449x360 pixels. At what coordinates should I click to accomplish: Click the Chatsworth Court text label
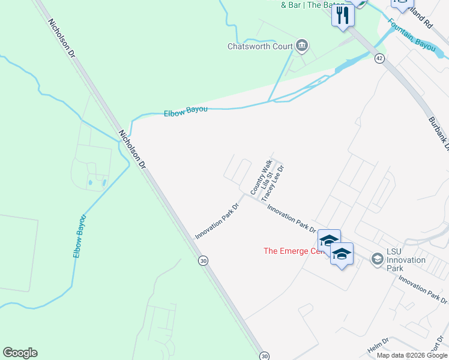(x=259, y=46)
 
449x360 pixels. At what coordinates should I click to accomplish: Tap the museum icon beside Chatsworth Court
(x=302, y=46)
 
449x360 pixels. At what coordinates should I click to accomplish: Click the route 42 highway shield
(x=379, y=58)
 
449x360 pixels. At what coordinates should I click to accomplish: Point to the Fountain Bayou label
(x=411, y=35)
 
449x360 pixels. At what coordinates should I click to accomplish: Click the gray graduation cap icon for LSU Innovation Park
(x=378, y=259)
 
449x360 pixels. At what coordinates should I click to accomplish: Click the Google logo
(x=20, y=353)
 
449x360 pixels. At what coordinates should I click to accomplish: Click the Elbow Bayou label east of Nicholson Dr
(x=185, y=110)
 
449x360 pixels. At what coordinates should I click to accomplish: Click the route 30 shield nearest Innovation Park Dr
(x=204, y=261)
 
